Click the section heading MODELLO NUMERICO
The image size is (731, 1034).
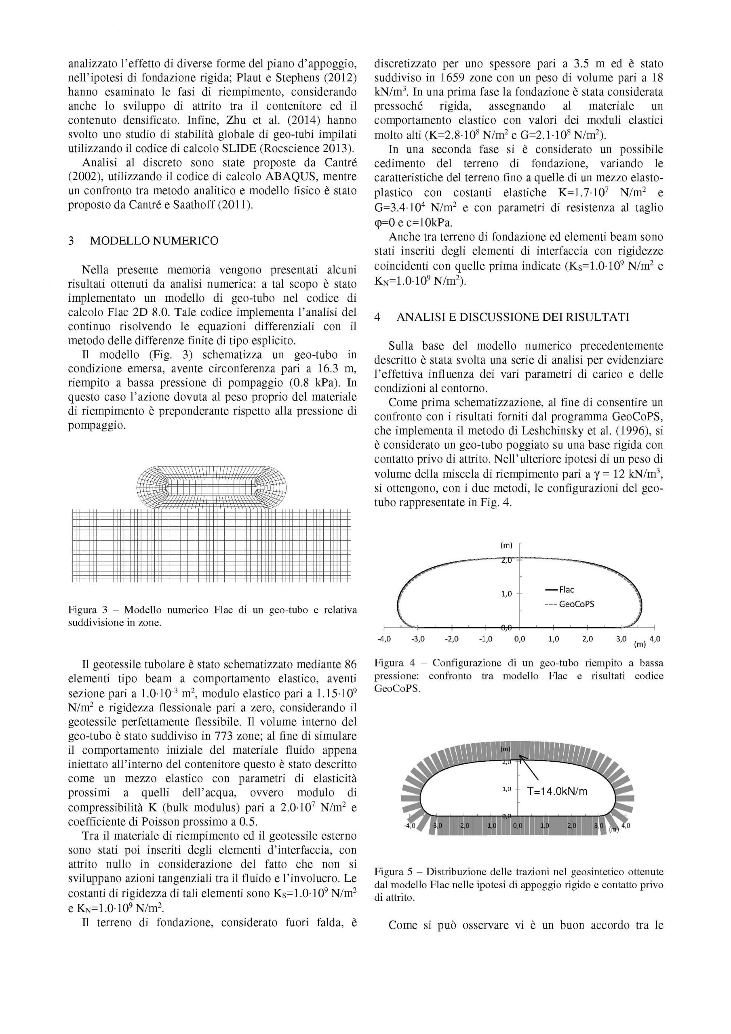[154, 241]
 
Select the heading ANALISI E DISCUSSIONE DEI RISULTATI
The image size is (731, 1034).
[512, 317]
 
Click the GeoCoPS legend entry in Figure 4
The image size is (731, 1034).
[576, 604]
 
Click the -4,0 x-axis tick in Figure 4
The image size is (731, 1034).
[383, 639]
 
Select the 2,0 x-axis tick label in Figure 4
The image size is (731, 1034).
[587, 639]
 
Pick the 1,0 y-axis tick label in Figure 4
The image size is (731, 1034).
[507, 594]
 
